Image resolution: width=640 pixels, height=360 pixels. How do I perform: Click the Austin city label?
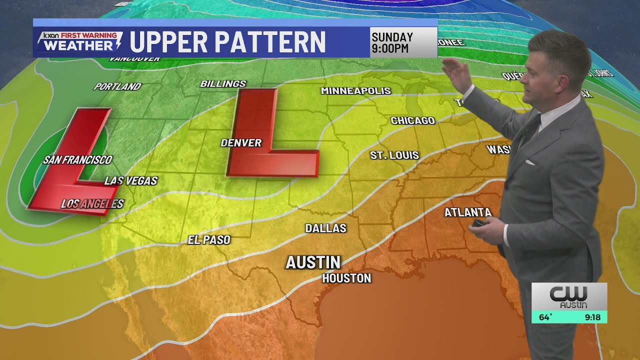(x=313, y=262)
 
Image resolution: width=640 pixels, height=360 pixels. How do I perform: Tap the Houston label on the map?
(x=346, y=278)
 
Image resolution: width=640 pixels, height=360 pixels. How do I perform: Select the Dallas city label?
(x=325, y=228)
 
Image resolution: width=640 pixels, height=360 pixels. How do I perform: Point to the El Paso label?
(x=209, y=240)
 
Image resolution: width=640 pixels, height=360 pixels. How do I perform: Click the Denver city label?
(x=241, y=143)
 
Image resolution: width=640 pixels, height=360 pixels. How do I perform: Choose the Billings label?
(x=223, y=84)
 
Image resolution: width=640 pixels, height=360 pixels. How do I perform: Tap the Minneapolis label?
(x=355, y=91)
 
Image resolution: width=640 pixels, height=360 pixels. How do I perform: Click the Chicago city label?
(x=412, y=120)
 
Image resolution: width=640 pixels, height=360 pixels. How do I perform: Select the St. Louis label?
(x=394, y=155)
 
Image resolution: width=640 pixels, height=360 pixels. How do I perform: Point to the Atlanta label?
(x=468, y=212)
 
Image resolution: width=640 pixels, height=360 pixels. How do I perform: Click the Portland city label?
(x=117, y=86)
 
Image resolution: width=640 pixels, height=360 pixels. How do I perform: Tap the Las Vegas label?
(x=131, y=181)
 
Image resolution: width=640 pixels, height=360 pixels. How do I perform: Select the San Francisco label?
(x=77, y=160)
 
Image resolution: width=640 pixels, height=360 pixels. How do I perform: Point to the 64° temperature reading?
(x=545, y=317)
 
